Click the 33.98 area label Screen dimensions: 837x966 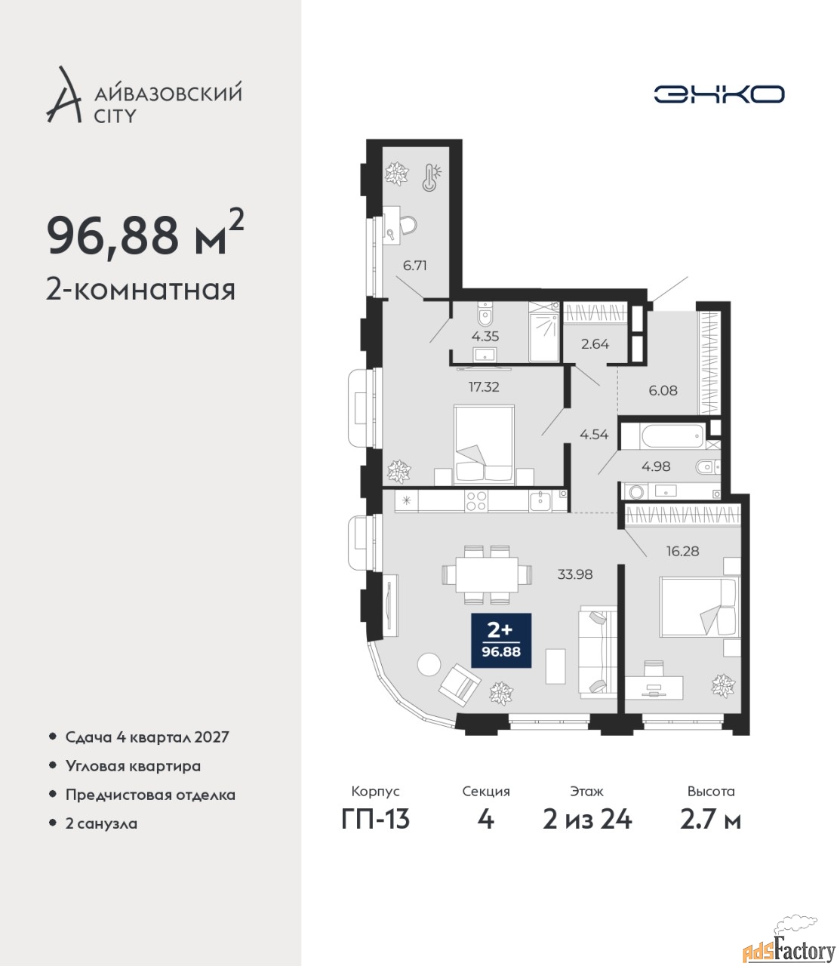(x=575, y=574)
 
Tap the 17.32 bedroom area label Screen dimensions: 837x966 (x=484, y=387)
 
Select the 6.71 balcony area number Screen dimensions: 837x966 (x=415, y=266)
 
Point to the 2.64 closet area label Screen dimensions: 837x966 (x=595, y=344)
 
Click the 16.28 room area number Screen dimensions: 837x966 (x=683, y=551)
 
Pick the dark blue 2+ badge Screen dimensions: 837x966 (x=501, y=640)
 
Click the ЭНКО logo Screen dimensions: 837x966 (x=719, y=94)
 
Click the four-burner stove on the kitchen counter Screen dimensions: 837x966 (x=476, y=500)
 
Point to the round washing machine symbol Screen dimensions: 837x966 (x=636, y=492)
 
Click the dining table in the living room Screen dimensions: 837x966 (x=487, y=575)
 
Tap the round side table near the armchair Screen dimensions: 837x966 (x=429, y=664)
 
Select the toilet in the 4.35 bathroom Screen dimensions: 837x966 (x=485, y=315)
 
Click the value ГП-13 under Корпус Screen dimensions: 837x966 (x=375, y=820)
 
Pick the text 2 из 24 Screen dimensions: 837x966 (x=587, y=820)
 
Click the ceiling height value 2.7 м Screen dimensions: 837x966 (x=710, y=820)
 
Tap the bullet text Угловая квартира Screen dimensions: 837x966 (x=133, y=767)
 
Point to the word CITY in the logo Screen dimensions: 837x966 (x=115, y=116)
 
